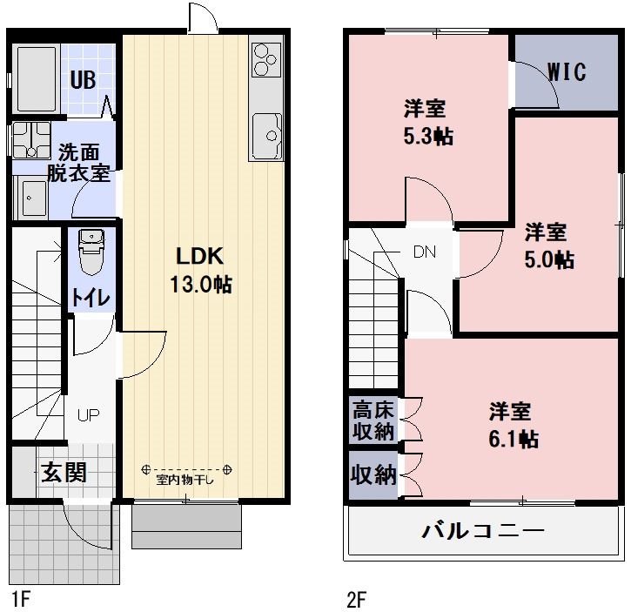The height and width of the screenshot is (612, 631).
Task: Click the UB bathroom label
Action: click(x=83, y=79)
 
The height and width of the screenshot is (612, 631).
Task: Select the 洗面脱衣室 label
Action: click(x=78, y=161)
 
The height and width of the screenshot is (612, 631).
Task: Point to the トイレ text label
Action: click(x=91, y=297)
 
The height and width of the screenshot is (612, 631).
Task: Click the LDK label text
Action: click(x=200, y=256)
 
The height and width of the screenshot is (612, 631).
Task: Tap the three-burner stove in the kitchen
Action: click(x=265, y=59)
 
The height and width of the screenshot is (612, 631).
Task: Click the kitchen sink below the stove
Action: click(x=265, y=136)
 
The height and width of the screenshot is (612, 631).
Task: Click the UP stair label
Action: click(x=88, y=414)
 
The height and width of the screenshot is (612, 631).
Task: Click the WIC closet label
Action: click(x=566, y=71)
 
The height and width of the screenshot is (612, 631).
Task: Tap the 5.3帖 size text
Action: click(x=426, y=137)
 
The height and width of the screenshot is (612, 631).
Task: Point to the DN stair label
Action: click(x=424, y=252)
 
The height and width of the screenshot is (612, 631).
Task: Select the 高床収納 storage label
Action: click(x=373, y=420)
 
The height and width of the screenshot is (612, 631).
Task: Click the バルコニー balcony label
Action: click(x=483, y=530)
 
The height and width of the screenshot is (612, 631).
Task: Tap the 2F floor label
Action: click(x=356, y=599)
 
